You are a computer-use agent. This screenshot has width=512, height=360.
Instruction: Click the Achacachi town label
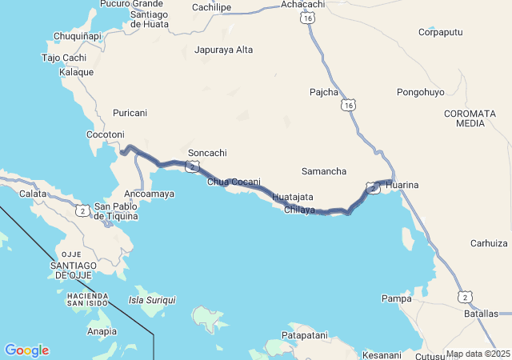point(303,5)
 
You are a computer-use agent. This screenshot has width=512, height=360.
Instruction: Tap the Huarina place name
point(402,185)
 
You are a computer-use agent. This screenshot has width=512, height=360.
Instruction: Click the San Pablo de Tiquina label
point(116,210)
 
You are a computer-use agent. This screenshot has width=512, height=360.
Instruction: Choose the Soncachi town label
point(207,153)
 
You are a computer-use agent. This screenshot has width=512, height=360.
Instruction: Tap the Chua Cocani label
point(234,182)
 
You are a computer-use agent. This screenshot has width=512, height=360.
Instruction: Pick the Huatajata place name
point(293,197)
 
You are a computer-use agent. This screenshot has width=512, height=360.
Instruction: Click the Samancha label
point(324,172)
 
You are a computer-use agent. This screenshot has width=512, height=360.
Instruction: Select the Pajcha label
point(324,92)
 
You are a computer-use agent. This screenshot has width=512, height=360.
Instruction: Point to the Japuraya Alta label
point(224,50)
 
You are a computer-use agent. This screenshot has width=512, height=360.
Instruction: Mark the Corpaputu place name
point(442,33)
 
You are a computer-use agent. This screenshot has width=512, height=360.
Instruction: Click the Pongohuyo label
point(420,93)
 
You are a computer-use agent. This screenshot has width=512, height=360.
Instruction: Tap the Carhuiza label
point(490,243)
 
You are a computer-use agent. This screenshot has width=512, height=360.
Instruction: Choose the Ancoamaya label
point(150,194)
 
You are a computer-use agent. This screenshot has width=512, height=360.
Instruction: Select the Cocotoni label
point(106,134)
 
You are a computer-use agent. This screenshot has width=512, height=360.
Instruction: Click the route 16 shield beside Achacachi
point(308,18)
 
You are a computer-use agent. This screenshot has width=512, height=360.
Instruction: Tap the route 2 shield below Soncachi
point(191,166)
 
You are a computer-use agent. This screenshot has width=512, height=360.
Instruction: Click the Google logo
point(26,350)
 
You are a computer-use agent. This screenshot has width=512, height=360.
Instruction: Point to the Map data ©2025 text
point(478,354)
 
